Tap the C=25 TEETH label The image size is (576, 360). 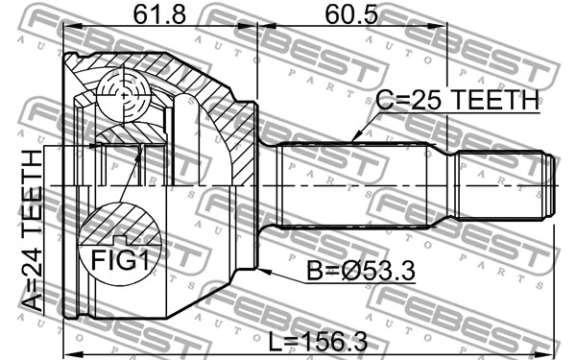456,101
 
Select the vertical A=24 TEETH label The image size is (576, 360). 32,229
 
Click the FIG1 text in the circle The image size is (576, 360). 112,258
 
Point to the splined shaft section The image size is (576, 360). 355,184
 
